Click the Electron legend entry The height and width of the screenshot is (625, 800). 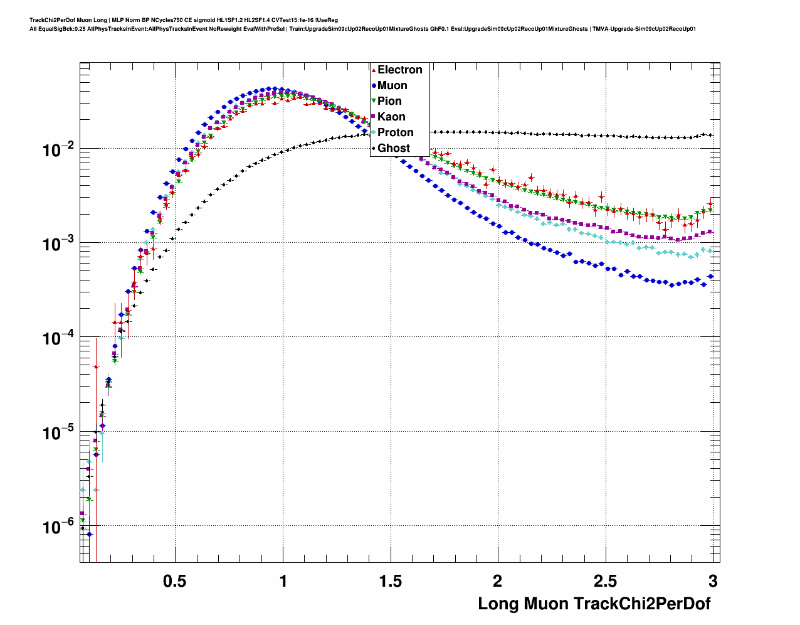399,70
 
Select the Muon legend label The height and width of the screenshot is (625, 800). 392,85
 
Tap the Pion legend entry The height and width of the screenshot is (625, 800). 389,101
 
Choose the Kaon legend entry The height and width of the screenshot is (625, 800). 391,117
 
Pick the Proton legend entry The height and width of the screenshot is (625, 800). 395,132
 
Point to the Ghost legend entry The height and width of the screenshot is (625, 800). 393,148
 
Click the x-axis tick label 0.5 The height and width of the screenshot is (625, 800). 174,581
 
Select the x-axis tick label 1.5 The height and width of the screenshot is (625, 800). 390,581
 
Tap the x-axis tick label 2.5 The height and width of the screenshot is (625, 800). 605,581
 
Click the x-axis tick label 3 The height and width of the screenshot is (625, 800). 713,581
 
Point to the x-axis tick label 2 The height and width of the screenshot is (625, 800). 498,581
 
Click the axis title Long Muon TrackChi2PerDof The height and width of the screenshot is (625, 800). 594,604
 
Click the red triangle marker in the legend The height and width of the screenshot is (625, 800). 374,70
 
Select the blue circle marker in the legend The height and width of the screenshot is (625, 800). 374,85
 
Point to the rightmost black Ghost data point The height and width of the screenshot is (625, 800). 710,135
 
